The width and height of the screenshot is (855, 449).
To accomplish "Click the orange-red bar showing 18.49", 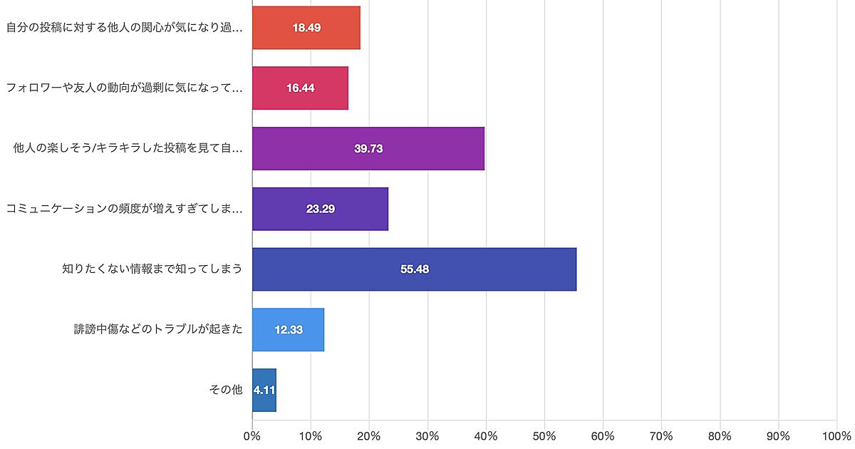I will (x=306, y=28).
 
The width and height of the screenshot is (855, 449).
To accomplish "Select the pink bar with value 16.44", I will (x=300, y=88).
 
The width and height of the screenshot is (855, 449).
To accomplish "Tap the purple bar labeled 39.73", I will (x=368, y=148).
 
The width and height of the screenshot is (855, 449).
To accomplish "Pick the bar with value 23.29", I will (x=320, y=209).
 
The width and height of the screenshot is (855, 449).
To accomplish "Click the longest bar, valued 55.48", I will (x=414, y=269).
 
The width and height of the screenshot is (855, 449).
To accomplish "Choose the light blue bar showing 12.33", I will (x=288, y=330).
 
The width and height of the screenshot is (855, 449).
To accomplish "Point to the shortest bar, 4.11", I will (x=264, y=390).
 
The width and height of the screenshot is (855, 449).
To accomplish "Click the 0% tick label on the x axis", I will (x=252, y=435).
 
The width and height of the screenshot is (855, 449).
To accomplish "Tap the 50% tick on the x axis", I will (x=544, y=435).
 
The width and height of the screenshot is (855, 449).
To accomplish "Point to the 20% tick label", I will (x=369, y=435).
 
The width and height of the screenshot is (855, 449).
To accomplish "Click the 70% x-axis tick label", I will (x=661, y=435).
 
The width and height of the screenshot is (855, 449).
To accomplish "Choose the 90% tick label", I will (x=778, y=435).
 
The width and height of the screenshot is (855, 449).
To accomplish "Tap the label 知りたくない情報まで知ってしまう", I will (x=152, y=269).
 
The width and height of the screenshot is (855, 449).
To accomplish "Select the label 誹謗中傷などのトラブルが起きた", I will (x=158, y=330).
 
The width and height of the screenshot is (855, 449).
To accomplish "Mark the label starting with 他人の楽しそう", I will (x=128, y=148).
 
